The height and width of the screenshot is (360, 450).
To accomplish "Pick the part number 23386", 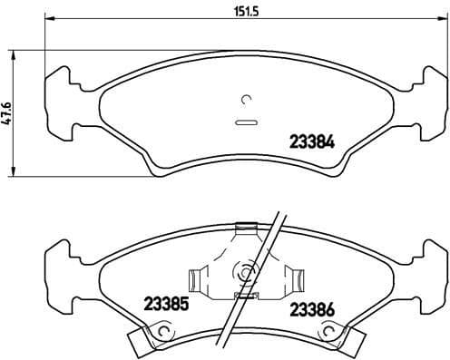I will pos(311,309).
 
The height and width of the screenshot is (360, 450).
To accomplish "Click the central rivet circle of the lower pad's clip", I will pos(243,270).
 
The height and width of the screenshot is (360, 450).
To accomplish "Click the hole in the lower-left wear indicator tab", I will pos(163,336).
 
